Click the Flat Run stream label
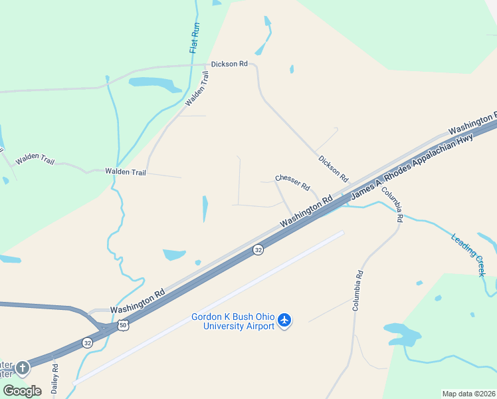[195, 38]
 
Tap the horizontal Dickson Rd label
[229, 65]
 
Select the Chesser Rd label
[292, 182]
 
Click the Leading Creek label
[468, 255]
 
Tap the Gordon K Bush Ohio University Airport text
[233, 321]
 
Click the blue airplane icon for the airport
[285, 321]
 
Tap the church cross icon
[23, 367]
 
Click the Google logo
[22, 390]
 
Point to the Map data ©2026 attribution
[468, 394]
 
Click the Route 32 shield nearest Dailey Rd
[88, 342]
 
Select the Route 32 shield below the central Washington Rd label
[258, 249]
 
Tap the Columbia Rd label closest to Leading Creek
[391, 204]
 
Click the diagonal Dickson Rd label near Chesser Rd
[333, 170]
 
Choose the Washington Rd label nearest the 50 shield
[138, 301]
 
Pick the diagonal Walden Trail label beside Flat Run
[201, 89]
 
